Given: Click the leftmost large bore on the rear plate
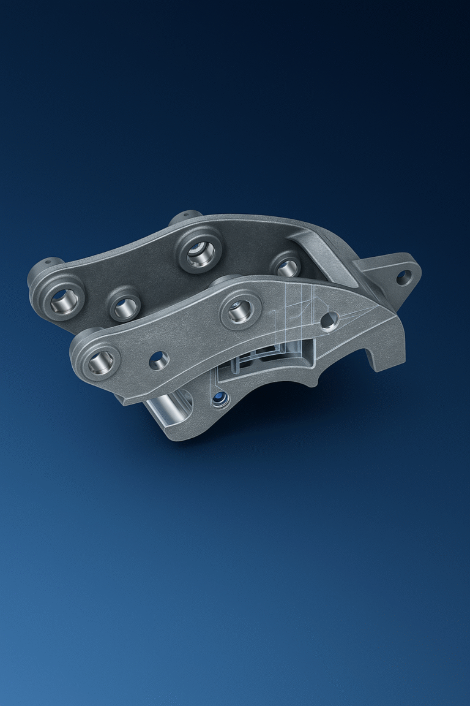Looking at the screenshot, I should click(x=64, y=298).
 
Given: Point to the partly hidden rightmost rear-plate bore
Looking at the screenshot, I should click(x=286, y=265).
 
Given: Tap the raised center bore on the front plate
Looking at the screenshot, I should click(x=240, y=311).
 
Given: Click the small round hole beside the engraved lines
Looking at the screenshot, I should click(x=329, y=320).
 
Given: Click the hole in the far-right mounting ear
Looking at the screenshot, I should click(x=403, y=277).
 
